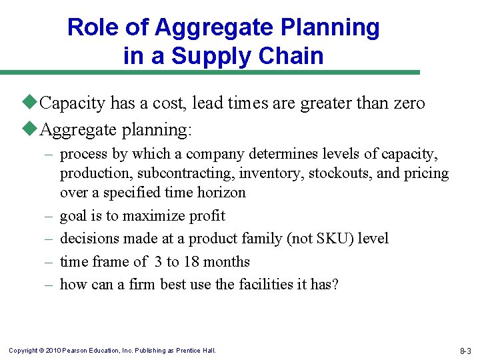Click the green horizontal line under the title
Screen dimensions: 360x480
tap(209, 73)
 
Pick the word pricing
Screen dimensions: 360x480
tap(427, 173)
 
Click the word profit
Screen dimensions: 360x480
tap(207, 216)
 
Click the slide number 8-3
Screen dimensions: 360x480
tap(464, 351)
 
